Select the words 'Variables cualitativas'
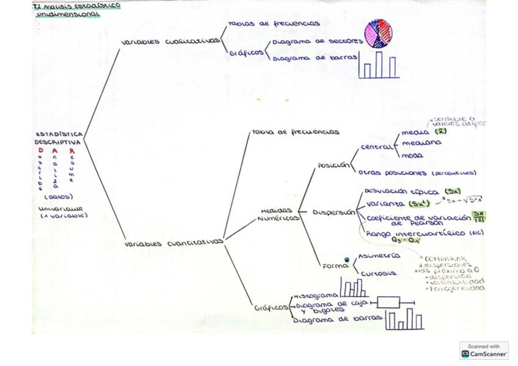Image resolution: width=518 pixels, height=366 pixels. click(170, 42)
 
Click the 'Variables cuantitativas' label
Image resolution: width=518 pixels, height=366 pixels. click(174, 243)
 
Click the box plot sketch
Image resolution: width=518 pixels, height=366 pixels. click(389, 302)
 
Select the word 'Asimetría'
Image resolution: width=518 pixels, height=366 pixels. click(379, 256)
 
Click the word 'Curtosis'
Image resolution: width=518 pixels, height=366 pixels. click(379, 273)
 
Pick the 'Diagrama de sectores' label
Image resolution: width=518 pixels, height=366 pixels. click(317, 42)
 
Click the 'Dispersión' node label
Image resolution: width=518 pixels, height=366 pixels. click(334, 213)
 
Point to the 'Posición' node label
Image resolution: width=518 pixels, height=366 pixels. click(333, 165)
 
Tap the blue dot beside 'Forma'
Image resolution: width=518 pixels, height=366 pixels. click(347, 260)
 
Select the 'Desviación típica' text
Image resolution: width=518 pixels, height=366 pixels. click(403, 191)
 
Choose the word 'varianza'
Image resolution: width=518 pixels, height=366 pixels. click(385, 203)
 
